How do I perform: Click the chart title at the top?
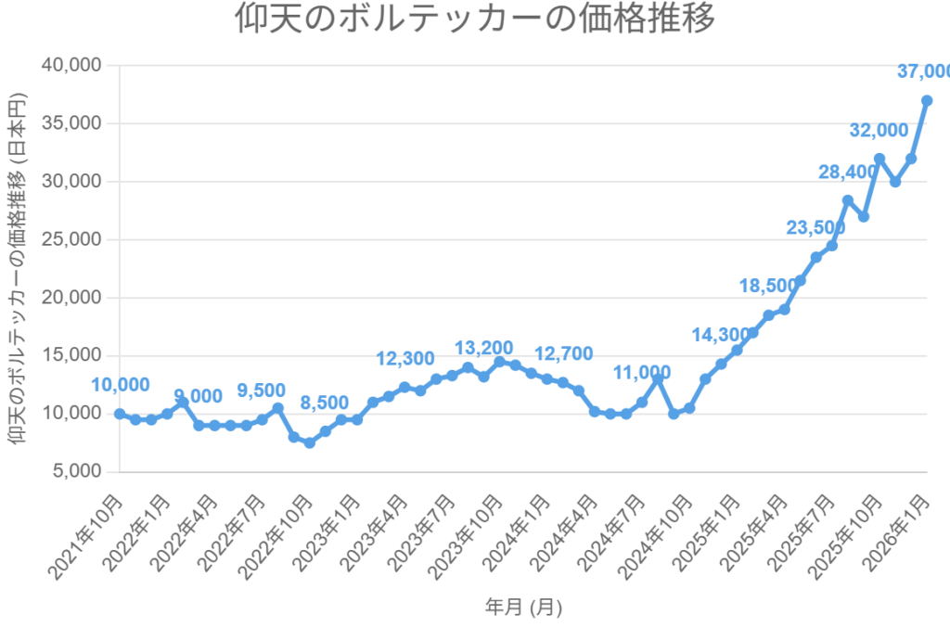[x=475, y=19]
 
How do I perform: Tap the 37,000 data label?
[x=923, y=71]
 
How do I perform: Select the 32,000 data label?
[x=879, y=130]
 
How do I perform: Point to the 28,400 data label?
[x=847, y=172]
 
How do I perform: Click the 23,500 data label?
[x=815, y=228]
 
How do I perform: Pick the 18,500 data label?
[x=769, y=287]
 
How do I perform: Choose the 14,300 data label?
[x=722, y=335]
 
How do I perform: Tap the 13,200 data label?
[x=485, y=348]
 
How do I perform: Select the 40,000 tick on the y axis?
[x=71, y=65]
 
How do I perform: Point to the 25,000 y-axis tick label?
[x=71, y=239]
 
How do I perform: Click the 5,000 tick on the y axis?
[x=76, y=471]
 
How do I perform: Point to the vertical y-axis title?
[x=19, y=268]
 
